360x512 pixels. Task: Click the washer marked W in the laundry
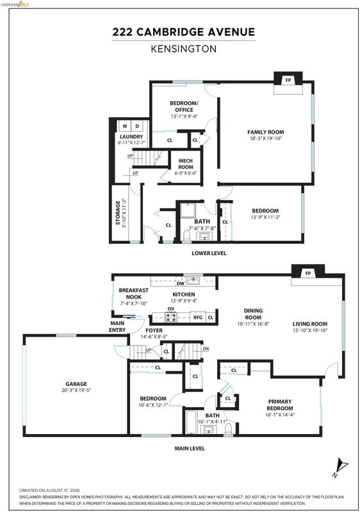click(x=125, y=125)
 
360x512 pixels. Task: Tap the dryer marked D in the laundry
click(x=137, y=125)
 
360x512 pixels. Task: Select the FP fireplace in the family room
click(x=288, y=80)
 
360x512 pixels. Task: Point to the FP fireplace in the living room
click(x=308, y=273)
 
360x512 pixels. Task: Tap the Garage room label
click(x=76, y=384)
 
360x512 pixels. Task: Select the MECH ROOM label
click(x=186, y=164)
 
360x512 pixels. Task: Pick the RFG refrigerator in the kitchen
click(x=198, y=317)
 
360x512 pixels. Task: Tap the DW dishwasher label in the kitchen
click(x=181, y=284)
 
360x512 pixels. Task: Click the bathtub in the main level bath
click(x=191, y=422)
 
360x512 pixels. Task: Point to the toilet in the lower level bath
click(x=186, y=235)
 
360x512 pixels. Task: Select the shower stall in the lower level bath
click(x=188, y=211)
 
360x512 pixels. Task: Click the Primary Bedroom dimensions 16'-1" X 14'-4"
click(x=280, y=415)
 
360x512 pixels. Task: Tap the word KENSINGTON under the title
click(x=184, y=49)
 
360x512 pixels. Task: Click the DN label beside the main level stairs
click(x=206, y=349)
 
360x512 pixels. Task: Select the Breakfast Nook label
click(x=134, y=294)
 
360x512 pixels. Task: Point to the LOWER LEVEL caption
click(x=209, y=253)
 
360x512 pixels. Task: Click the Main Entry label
click(x=117, y=326)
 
